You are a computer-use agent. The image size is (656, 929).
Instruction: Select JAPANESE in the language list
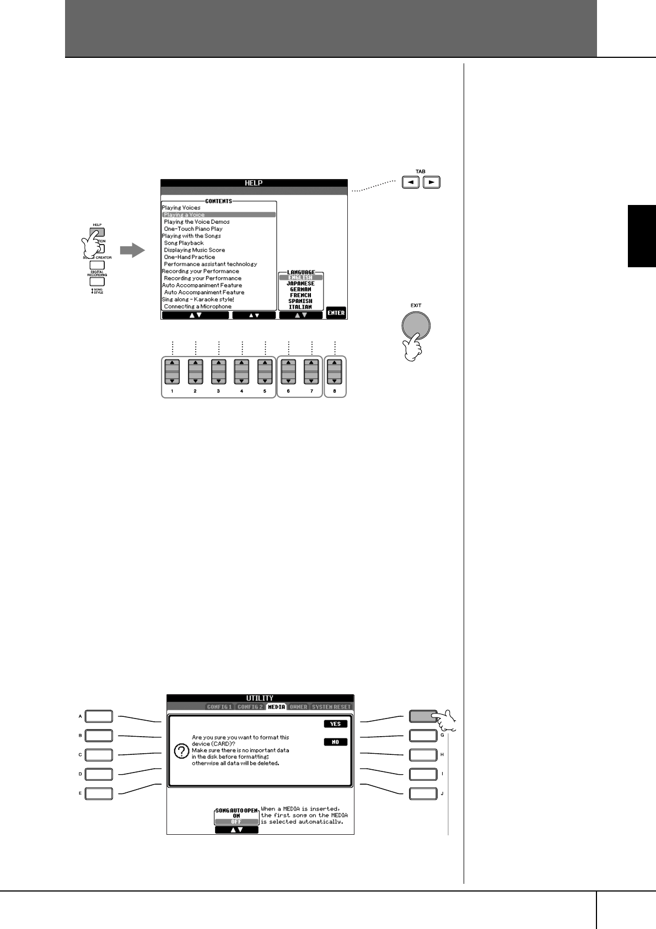click(300, 284)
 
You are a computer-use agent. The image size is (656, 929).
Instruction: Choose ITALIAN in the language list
click(300, 307)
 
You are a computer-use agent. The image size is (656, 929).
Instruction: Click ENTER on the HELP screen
click(336, 313)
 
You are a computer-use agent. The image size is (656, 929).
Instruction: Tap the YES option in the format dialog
click(335, 724)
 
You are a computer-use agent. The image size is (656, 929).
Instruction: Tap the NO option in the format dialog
click(335, 742)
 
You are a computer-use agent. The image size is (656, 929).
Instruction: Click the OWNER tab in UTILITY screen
click(298, 707)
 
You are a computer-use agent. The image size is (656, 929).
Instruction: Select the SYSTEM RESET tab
click(331, 707)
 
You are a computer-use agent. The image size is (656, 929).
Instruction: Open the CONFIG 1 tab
click(219, 707)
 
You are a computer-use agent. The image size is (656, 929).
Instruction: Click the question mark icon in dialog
click(180, 752)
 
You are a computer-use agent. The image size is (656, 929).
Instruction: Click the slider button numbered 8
click(335, 372)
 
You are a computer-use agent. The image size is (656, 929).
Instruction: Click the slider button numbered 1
click(172, 372)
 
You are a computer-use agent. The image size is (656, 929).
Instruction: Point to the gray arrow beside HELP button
click(132, 251)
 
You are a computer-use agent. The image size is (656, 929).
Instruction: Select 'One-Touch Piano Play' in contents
click(193, 229)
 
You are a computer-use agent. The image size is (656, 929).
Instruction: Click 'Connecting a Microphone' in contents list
click(197, 306)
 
